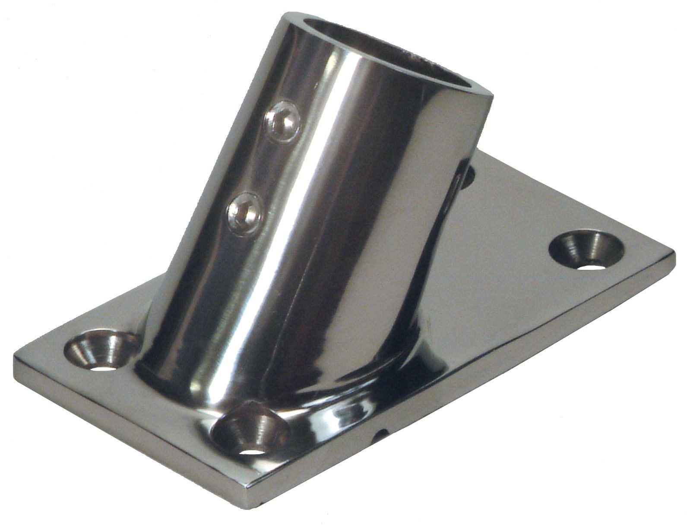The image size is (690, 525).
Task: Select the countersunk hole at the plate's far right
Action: tap(588, 252)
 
